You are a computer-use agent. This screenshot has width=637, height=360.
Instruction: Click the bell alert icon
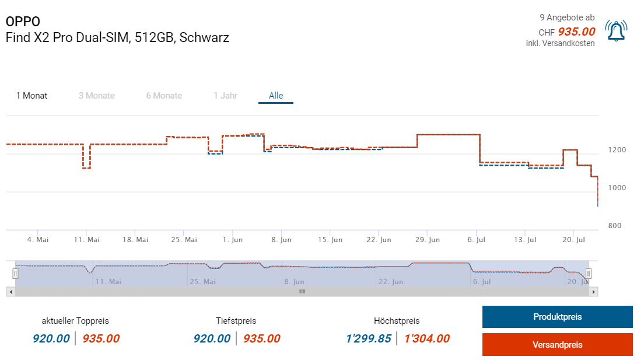pyautogui.click(x=616, y=31)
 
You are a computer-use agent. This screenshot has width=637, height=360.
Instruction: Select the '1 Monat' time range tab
pyautogui.click(x=32, y=96)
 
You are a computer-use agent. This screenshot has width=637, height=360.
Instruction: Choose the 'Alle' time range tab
pyautogui.click(x=276, y=96)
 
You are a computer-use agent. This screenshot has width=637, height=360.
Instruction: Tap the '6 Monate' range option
pyautogui.click(x=164, y=96)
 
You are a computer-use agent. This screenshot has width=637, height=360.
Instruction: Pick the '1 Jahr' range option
pyautogui.click(x=225, y=96)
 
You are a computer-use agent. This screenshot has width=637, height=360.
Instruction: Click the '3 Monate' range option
pyautogui.click(x=97, y=96)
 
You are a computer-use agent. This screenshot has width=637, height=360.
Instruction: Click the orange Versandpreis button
pyautogui.click(x=557, y=345)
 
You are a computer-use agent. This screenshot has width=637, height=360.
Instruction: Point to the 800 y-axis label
pyautogui.click(x=615, y=226)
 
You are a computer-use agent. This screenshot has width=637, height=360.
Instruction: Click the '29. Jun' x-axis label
pyautogui.click(x=427, y=240)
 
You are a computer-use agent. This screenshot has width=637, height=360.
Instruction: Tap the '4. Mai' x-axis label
pyautogui.click(x=38, y=240)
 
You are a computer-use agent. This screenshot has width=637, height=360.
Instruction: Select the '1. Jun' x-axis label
pyautogui.click(x=233, y=240)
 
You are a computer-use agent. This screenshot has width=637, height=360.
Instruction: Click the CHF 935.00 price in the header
pyautogui.click(x=576, y=32)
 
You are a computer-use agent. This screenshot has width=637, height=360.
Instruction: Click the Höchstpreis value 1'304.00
pyautogui.click(x=427, y=338)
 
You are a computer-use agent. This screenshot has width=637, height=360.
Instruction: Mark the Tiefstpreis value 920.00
pyautogui.click(x=212, y=338)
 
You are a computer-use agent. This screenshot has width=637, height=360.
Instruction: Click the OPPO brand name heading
pyautogui.click(x=23, y=22)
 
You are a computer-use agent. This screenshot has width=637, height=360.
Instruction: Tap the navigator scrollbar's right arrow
pyautogui.click(x=594, y=291)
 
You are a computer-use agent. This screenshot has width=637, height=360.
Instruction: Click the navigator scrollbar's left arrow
pyautogui.click(x=10, y=291)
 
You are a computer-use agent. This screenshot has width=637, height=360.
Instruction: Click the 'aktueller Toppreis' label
pyautogui.click(x=75, y=321)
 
